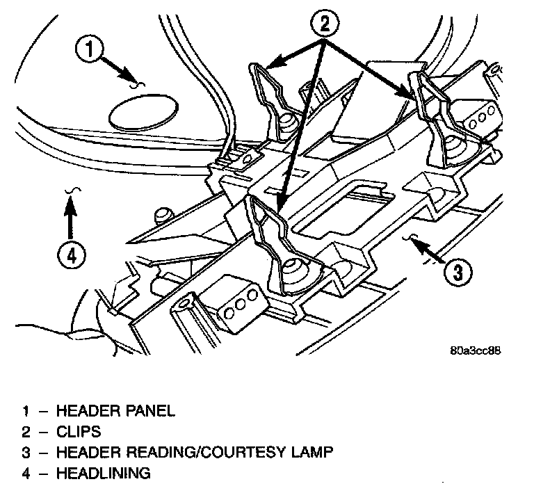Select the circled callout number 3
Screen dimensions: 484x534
454,270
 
